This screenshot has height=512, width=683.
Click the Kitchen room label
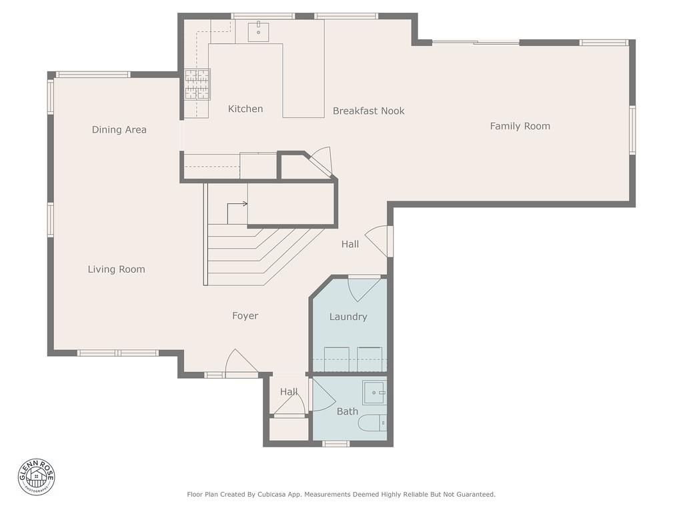pyautogui.click(x=245, y=109)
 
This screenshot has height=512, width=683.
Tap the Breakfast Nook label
pyautogui.click(x=368, y=111)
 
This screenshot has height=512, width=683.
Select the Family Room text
pyautogui.click(x=520, y=126)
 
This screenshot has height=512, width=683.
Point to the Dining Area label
pyautogui.click(x=119, y=130)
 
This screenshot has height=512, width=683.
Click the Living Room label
pyautogui.click(x=116, y=269)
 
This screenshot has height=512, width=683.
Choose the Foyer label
pyautogui.click(x=245, y=316)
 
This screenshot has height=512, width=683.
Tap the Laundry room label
pyautogui.click(x=348, y=317)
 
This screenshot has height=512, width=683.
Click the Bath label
pyautogui.click(x=347, y=411)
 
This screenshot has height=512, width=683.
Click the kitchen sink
pyautogui.click(x=258, y=32)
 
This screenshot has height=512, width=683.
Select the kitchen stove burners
pyautogui.click(x=197, y=85)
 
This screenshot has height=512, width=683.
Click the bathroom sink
pyautogui.click(x=375, y=393)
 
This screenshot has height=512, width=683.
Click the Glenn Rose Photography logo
pyautogui.click(x=37, y=477)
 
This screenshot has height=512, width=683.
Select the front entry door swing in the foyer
pyautogui.click(x=241, y=363)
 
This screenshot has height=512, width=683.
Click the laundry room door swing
pyautogui.click(x=364, y=289)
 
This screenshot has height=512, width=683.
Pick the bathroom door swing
pyautogui.click(x=322, y=395)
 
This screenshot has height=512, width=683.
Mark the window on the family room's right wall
pyautogui.click(x=632, y=130)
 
